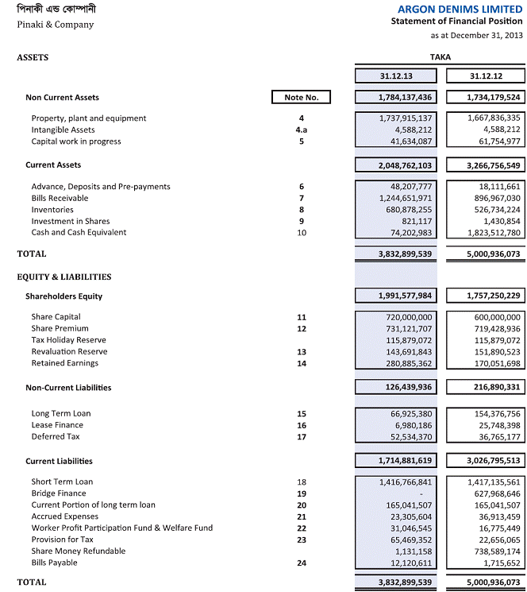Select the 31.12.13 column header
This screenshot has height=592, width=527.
click(x=396, y=76)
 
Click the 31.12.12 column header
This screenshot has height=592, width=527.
click(x=486, y=76)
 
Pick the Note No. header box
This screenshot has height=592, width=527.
click(x=301, y=98)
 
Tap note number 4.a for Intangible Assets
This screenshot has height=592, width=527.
click(x=301, y=130)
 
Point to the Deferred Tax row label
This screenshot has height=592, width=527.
click(x=55, y=436)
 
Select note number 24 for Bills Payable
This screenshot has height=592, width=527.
click(x=301, y=563)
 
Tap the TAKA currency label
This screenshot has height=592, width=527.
click(x=440, y=58)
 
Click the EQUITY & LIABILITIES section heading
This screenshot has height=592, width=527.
click(x=64, y=277)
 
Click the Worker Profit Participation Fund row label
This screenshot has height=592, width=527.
click(x=121, y=528)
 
